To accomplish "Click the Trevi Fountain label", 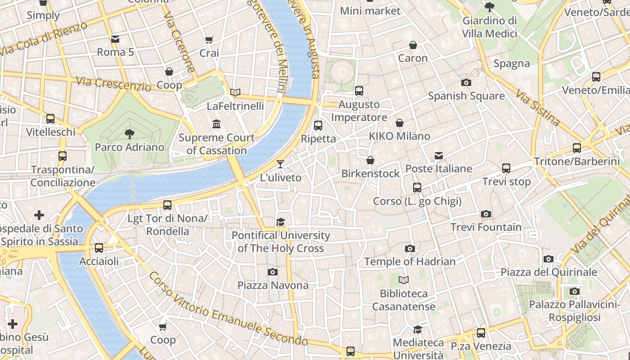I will tap(486, 227).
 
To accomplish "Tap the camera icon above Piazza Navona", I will tap(272, 272).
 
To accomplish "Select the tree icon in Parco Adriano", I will tap(130, 134).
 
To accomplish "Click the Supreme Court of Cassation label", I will tap(216, 144).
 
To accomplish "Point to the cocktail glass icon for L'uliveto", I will tap(280, 164).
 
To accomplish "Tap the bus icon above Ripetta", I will tap(318, 126).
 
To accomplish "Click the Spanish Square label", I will tap(466, 96).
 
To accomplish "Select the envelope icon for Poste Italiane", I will tap(439, 156).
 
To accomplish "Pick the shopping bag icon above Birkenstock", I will tap(370, 160).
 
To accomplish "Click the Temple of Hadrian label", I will tap(409, 261).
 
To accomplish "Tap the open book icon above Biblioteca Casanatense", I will tap(404, 280).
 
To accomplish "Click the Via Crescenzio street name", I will tap(113, 83).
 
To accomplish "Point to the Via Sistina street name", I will tap(538, 108).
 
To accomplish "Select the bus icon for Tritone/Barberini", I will tap(577, 148).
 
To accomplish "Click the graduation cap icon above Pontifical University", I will tap(281, 222).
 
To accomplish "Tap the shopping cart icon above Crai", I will tap(209, 40).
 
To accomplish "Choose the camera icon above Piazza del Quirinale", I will tap(548, 259).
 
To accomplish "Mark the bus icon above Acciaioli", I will tap(99, 248).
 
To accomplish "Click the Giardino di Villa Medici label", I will tap(490, 27).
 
